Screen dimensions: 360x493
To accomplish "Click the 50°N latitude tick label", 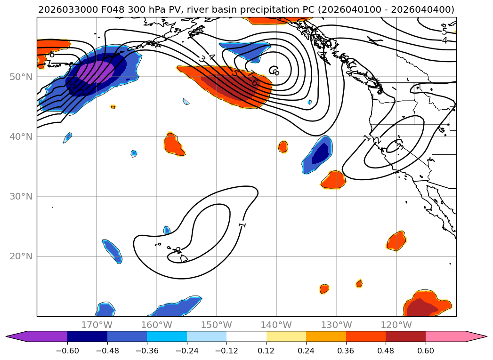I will pyautogui.click(x=21, y=77).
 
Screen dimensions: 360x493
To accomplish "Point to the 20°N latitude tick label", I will pyautogui.click(x=21, y=256).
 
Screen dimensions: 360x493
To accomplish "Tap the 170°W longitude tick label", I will pyautogui.click(x=97, y=325).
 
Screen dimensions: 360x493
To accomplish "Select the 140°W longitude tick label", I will pyautogui.click(x=276, y=325).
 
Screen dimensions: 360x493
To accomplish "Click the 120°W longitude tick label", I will pyautogui.click(x=396, y=325).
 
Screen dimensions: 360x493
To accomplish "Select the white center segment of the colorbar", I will pyautogui.click(x=246, y=336).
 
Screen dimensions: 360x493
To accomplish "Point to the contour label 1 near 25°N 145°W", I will pyautogui.click(x=242, y=225).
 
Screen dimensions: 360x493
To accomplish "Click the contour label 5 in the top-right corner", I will pyautogui.click(x=444, y=32).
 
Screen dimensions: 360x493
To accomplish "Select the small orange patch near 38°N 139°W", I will pyautogui.click(x=283, y=147).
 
